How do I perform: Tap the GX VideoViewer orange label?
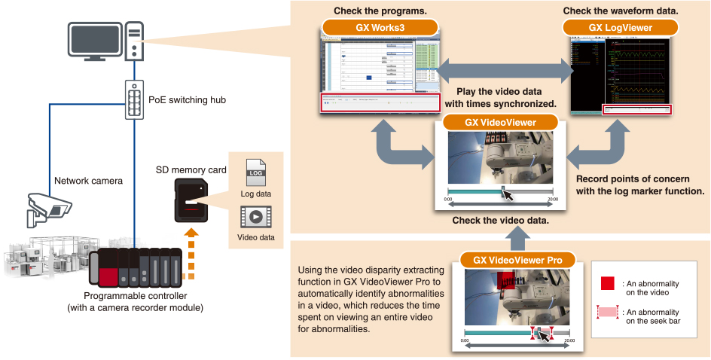tap(501, 122)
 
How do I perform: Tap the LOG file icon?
tap(257, 174)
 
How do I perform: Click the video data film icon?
tap(257, 218)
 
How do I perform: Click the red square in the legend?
tap(607, 282)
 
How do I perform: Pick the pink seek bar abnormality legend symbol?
tap(607, 311)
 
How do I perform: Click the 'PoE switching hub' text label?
tap(188, 99)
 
